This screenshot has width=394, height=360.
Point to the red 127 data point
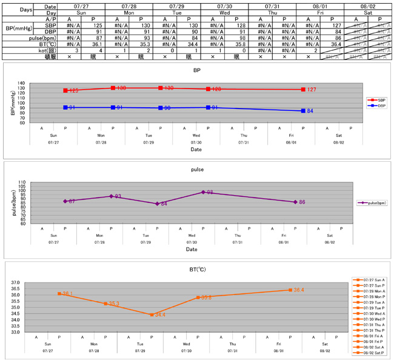point(302,90)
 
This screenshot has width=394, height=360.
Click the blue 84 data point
point(302,111)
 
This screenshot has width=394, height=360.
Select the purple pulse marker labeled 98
point(203,192)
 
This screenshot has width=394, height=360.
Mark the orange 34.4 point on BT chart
point(152,315)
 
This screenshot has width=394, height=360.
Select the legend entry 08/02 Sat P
point(370,352)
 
